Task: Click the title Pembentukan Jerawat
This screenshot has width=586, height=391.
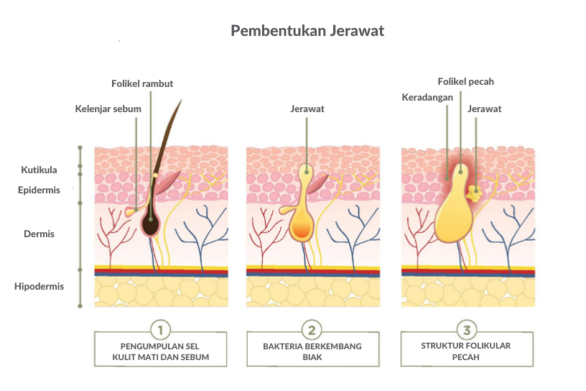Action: pos(307,32)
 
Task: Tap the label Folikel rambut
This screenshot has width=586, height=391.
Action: pos(142,84)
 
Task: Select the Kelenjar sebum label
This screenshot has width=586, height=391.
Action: pos(108,109)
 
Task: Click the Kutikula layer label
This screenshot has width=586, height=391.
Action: pos(39,170)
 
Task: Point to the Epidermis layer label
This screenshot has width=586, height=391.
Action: pos(39,190)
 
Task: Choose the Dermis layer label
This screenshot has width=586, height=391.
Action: pos(39,234)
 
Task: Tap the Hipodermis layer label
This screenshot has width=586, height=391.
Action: pos(39,286)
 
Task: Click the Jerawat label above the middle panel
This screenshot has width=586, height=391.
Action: pos(307,109)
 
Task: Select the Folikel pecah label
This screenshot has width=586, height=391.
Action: pos(466,82)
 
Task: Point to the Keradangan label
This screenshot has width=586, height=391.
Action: pos(427,96)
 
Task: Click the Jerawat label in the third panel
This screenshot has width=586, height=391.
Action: pos(484,109)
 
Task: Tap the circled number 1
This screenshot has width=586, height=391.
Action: pos(161,331)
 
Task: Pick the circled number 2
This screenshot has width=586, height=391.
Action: pos(312,331)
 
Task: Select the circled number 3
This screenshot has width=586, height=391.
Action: pos(467,331)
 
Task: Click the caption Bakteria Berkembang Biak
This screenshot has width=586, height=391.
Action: pos(312,351)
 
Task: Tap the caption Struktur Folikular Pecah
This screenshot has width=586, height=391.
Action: pos(466,351)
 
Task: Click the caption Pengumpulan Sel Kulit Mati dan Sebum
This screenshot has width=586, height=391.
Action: pos(161,351)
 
